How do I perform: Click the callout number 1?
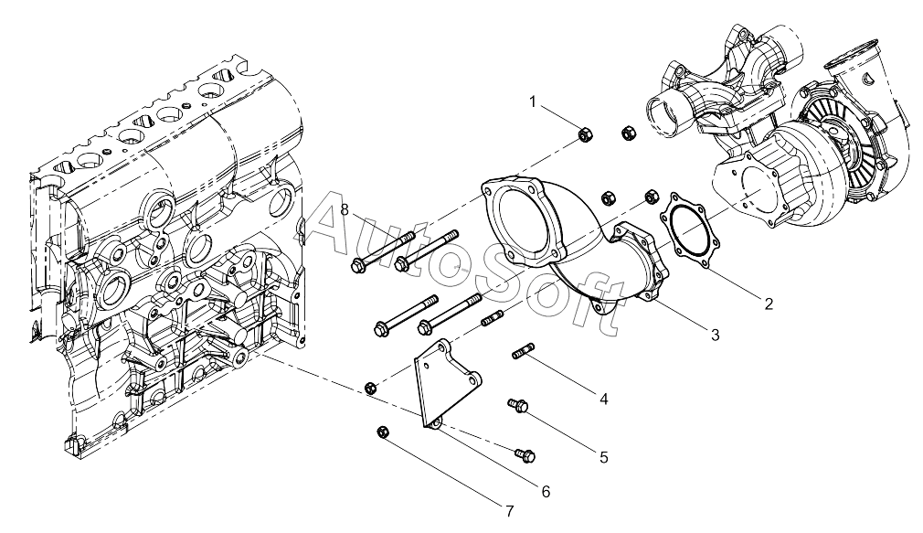tap(533, 102)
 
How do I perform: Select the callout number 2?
tap(769, 304)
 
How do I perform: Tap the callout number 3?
tap(716, 336)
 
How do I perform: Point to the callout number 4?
tap(604, 399)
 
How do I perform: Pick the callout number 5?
tap(604, 457)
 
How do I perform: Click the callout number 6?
tap(546, 491)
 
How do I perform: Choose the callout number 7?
tap(510, 511)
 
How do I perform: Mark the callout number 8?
tap(345, 209)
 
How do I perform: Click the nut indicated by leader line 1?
tap(585, 135)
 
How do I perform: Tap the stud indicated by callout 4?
tap(523, 351)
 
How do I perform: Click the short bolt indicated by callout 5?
tap(517, 405)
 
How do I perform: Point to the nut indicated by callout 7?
tap(382, 432)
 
